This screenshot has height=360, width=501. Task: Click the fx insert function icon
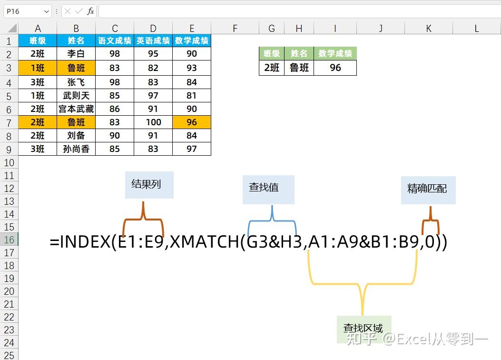coord(90,11)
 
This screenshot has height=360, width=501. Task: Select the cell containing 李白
coord(76,54)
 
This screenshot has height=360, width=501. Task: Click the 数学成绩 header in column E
coord(192,41)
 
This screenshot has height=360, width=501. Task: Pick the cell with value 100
coord(153,122)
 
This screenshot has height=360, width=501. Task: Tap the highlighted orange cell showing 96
coord(192,122)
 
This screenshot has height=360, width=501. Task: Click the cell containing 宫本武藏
coord(76,109)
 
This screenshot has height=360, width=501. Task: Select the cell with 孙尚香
coord(76,149)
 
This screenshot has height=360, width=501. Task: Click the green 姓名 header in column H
coord(299,54)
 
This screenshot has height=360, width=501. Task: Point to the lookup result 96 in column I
coord(335,68)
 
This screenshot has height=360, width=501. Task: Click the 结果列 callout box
coord(149,185)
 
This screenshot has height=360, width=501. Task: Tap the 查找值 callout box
coord(268,189)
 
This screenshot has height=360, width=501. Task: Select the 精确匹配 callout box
coord(428,190)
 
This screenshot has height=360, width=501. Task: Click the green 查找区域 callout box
coord(363,329)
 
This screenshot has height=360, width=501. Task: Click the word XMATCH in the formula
coord(205,242)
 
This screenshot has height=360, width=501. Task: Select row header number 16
coord(9,240)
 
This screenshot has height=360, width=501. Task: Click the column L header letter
coord(476,29)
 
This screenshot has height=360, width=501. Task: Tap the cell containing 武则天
coord(76,96)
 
